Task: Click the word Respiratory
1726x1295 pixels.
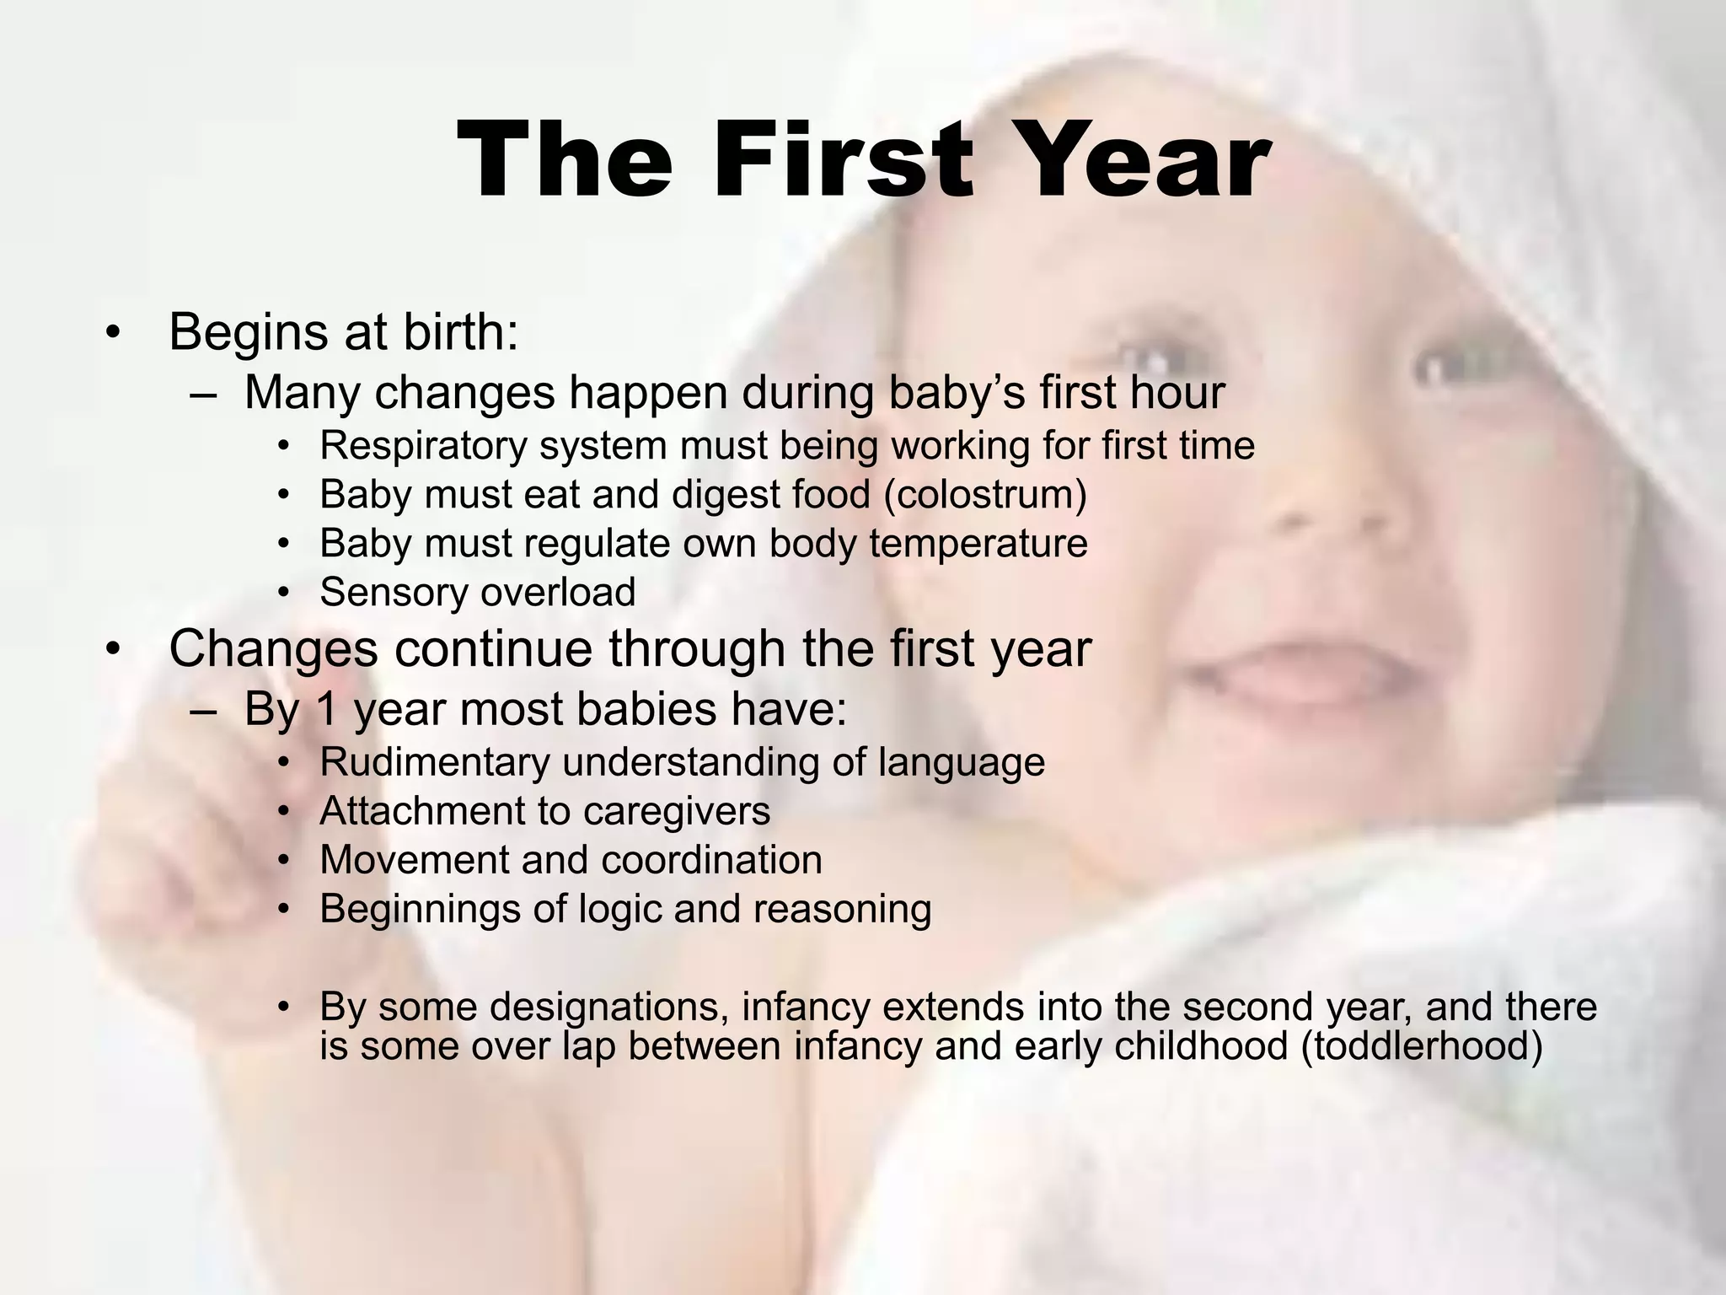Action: pyautogui.click(x=423, y=446)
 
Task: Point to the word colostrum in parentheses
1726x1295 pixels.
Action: pyautogui.click(x=985, y=495)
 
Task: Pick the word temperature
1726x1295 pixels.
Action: pyautogui.click(x=978, y=544)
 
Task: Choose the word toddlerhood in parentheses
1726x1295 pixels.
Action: pyautogui.click(x=1423, y=1046)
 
